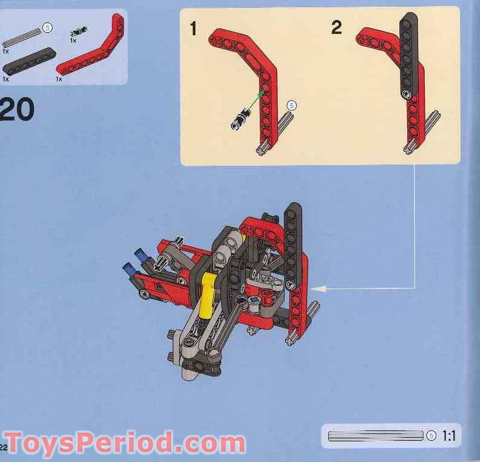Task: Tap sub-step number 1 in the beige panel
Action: point(194,29)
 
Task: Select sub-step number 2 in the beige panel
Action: point(336,27)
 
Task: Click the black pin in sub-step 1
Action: point(240,118)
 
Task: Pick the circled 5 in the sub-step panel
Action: point(291,106)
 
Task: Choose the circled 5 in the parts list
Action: point(47,27)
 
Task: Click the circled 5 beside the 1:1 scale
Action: point(431,435)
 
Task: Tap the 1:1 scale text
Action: point(449,435)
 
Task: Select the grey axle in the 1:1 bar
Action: point(375,435)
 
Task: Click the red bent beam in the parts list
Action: point(91,58)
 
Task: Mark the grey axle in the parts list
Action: point(22,36)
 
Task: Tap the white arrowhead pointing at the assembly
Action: point(319,288)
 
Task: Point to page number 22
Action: point(4,447)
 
